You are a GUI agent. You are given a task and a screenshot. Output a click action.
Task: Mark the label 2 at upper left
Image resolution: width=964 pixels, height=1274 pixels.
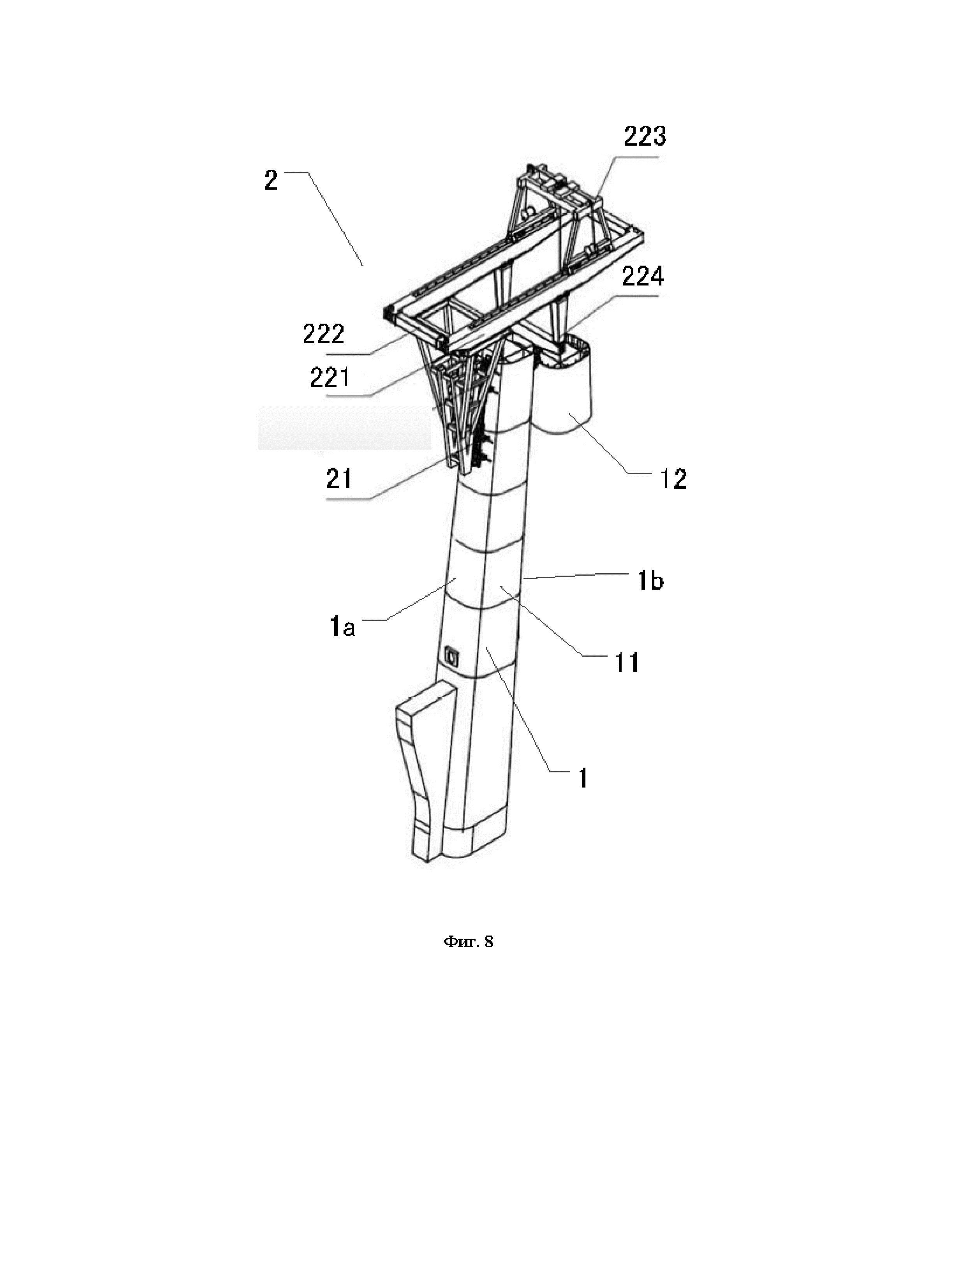(x=271, y=181)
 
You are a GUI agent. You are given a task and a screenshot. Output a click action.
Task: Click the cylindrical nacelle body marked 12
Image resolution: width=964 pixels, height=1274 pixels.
(x=564, y=397)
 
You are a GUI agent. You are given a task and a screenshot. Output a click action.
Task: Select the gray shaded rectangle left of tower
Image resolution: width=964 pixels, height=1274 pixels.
(x=344, y=427)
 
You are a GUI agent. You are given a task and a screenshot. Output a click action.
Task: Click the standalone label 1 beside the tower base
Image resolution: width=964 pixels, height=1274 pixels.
(x=583, y=779)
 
